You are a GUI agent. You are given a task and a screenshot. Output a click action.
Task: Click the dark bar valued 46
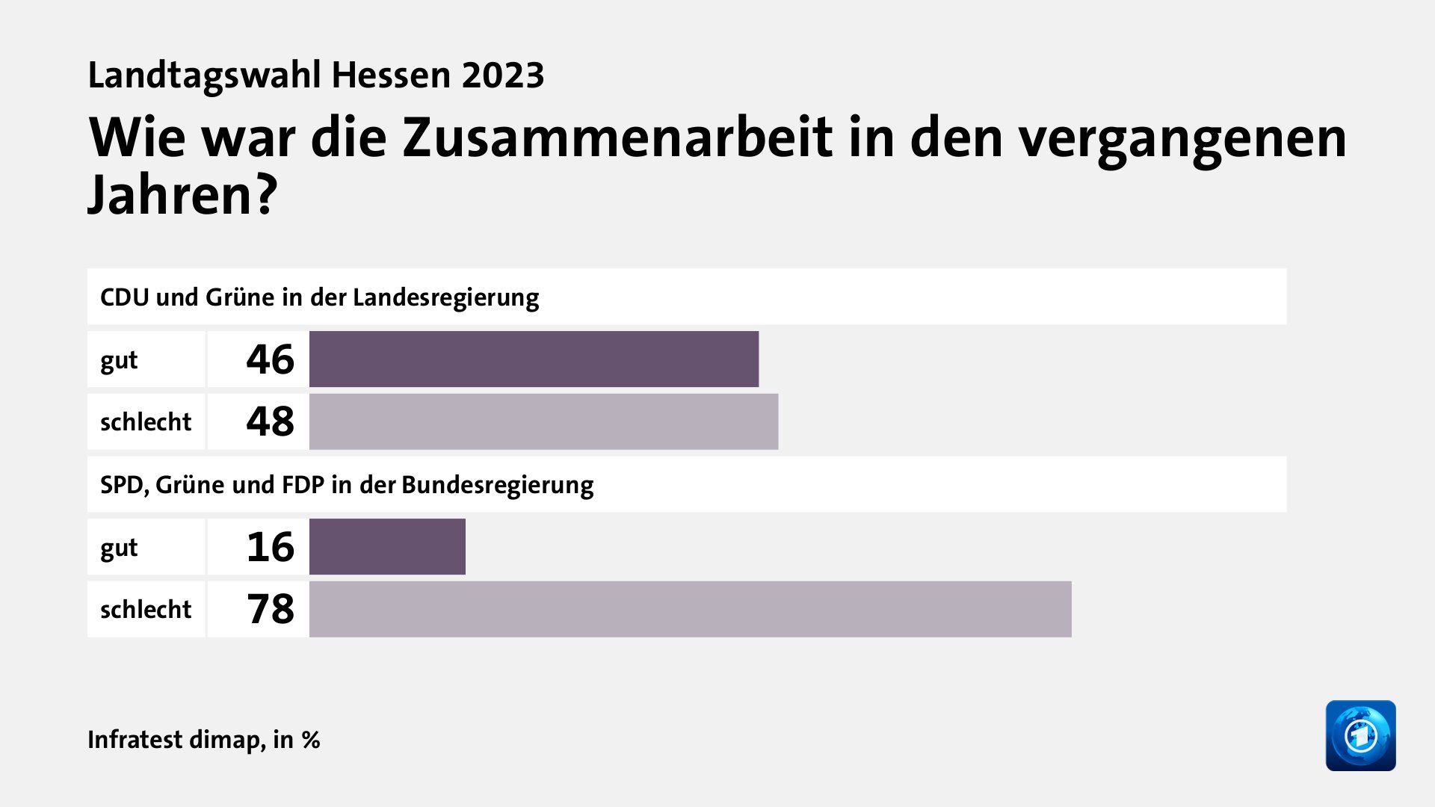click(x=534, y=359)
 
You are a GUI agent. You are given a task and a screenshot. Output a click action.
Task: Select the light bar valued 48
click(x=543, y=421)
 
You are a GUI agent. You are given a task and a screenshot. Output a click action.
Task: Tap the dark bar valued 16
click(x=387, y=547)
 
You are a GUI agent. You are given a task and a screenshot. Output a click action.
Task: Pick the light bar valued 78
click(x=690, y=609)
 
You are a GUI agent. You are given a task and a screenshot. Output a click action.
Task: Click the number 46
click(x=270, y=359)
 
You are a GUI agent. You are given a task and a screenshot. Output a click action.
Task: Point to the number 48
click(x=270, y=421)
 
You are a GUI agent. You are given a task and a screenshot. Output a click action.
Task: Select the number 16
click(x=270, y=547)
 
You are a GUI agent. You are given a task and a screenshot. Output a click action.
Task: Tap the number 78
click(x=270, y=609)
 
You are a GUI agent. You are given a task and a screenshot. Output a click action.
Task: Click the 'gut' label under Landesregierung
click(x=119, y=360)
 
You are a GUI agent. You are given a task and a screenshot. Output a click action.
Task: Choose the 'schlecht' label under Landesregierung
click(x=146, y=422)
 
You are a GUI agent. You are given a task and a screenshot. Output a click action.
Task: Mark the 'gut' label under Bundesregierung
click(x=119, y=548)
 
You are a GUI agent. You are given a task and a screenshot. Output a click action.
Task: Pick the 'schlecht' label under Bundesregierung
click(x=146, y=610)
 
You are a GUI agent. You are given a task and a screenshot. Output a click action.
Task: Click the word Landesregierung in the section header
click(x=445, y=297)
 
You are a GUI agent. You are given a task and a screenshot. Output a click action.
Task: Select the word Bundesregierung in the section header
click(x=497, y=485)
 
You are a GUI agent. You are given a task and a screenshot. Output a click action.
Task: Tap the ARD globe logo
click(x=1360, y=735)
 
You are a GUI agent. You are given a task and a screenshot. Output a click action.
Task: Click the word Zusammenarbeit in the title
click(x=617, y=137)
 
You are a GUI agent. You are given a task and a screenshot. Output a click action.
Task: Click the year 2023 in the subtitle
click(x=503, y=75)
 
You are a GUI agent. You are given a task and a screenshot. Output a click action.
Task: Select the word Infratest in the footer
click(x=135, y=739)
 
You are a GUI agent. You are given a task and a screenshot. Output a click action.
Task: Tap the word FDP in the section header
click(x=303, y=485)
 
